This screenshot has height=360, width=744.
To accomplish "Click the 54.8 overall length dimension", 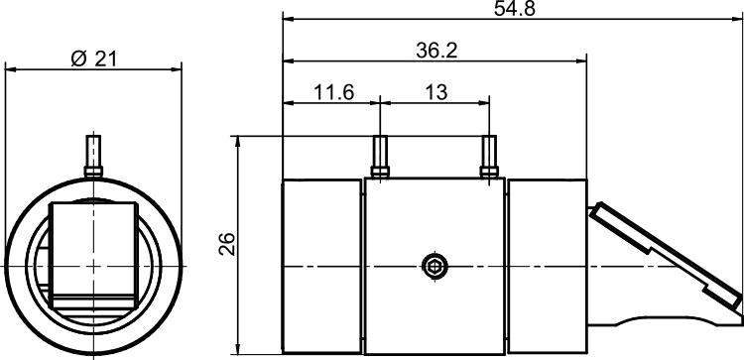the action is pyautogui.click(x=514, y=9).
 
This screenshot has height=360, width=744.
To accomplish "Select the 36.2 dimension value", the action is pyautogui.click(x=436, y=51).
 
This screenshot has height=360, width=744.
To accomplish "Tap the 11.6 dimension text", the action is pyautogui.click(x=333, y=92).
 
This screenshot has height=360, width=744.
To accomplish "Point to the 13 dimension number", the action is pyautogui.click(x=435, y=92).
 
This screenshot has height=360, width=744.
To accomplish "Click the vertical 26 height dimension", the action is pyautogui.click(x=227, y=244).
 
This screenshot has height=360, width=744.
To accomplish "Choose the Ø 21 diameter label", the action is pyautogui.click(x=93, y=60).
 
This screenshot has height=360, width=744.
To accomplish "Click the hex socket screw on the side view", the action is pyautogui.click(x=435, y=266).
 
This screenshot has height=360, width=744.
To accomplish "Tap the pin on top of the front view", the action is pyautogui.click(x=93, y=157).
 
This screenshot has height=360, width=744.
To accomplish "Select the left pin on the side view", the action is pyautogui.click(x=380, y=157).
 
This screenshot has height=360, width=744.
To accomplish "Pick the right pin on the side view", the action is pyautogui.click(x=489, y=157).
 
